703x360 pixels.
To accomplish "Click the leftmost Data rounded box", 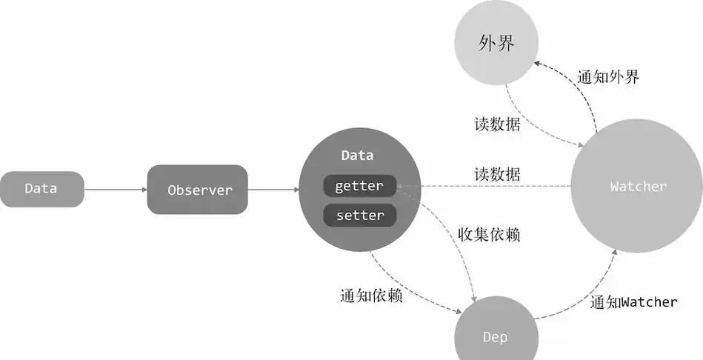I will pyautogui.click(x=41, y=189).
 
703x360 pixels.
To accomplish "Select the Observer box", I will pyautogui.click(x=199, y=190).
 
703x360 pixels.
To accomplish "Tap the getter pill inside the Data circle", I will pyautogui.click(x=359, y=186).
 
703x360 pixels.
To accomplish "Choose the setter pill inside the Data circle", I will pyautogui.click(x=359, y=216).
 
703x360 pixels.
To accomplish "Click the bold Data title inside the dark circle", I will pyautogui.click(x=357, y=156).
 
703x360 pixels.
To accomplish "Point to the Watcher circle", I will pyautogui.click(x=638, y=187).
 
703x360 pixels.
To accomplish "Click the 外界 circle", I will pyautogui.click(x=496, y=44).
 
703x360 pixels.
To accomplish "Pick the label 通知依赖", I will pyautogui.click(x=371, y=296).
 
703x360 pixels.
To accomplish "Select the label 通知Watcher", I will pyautogui.click(x=633, y=302).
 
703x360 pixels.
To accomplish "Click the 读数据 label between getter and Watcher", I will pyautogui.click(x=497, y=175).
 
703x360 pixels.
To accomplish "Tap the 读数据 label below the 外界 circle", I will pyautogui.click(x=497, y=124).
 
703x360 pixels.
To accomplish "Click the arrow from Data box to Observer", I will pyautogui.click(x=115, y=190).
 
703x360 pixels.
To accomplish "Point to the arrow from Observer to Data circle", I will pyautogui.click(x=273, y=190).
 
